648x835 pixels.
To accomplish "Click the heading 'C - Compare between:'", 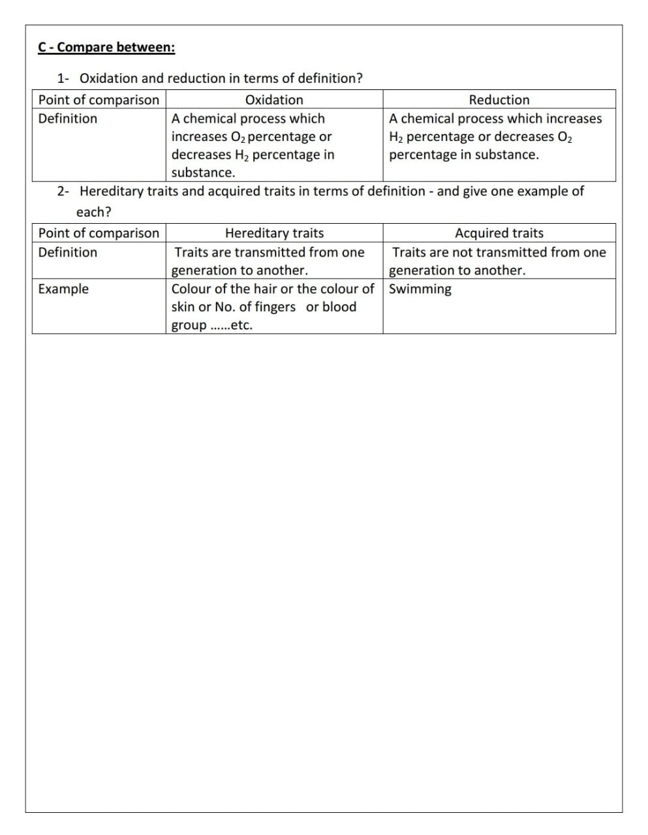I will pyautogui.click(x=106, y=48).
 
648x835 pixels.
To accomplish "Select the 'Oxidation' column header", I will pyautogui.click(x=274, y=100).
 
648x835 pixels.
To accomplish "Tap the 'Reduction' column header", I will pyautogui.click(x=499, y=100).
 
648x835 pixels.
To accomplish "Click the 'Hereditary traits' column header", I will pyautogui.click(x=274, y=233).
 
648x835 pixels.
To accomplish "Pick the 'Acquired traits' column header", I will pyautogui.click(x=499, y=233).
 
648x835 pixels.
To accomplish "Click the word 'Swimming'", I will pyautogui.click(x=420, y=289).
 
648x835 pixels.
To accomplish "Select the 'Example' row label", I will pyautogui.click(x=63, y=289).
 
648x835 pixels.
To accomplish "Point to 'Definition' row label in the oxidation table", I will pyautogui.click(x=68, y=119).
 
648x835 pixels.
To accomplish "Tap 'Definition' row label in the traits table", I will pyautogui.click(x=68, y=252).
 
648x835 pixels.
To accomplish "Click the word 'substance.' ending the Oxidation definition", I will pyautogui.click(x=203, y=173).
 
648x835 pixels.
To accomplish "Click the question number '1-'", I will pyautogui.click(x=64, y=78).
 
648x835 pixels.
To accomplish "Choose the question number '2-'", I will pyautogui.click(x=64, y=191).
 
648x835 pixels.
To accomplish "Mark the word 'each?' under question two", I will pyautogui.click(x=94, y=212).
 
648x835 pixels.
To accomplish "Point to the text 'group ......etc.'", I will pyautogui.click(x=212, y=326).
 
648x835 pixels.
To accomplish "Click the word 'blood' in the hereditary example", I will pyautogui.click(x=339, y=307).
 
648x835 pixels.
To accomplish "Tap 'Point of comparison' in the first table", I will pyautogui.click(x=99, y=100).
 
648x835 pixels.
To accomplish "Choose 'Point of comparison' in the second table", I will pyautogui.click(x=99, y=233).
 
